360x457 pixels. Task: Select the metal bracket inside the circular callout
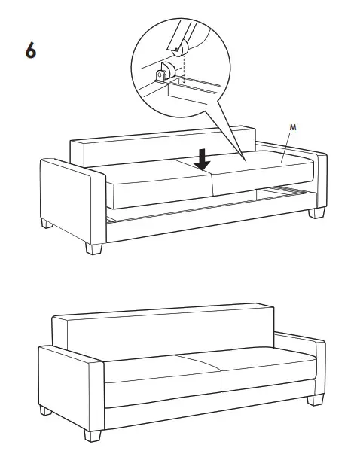tap(163, 75)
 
